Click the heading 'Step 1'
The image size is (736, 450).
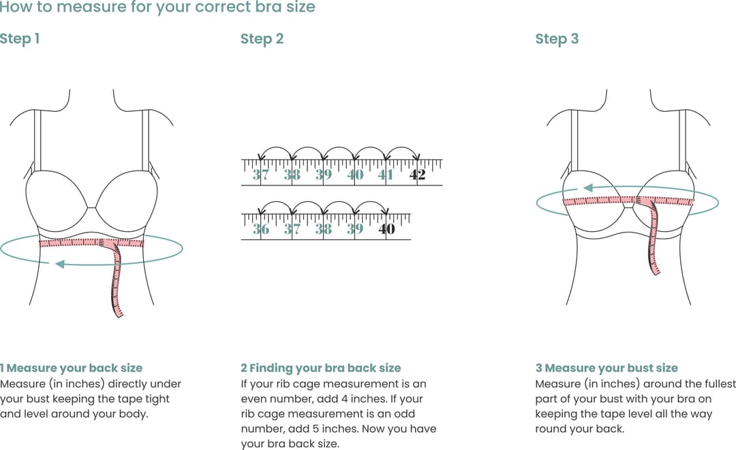pos(20,39)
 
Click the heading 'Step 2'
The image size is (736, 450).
pos(262,39)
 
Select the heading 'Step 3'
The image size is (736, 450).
pos(557,39)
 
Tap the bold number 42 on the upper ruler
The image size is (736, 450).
pos(417,175)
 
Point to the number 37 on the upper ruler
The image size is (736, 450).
pos(260,175)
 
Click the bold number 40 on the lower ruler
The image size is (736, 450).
pos(386,229)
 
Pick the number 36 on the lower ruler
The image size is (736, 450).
pos(260,229)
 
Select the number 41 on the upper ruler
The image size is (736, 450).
pos(386,175)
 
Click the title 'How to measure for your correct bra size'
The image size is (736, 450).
pos(157,8)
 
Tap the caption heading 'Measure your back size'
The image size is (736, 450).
pos(74,368)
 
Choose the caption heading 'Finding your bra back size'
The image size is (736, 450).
pos(325,368)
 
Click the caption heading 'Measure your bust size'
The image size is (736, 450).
pos(611,368)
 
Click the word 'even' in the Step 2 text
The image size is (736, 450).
pos(254,399)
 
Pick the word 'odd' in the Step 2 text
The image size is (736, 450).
pos(403,414)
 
